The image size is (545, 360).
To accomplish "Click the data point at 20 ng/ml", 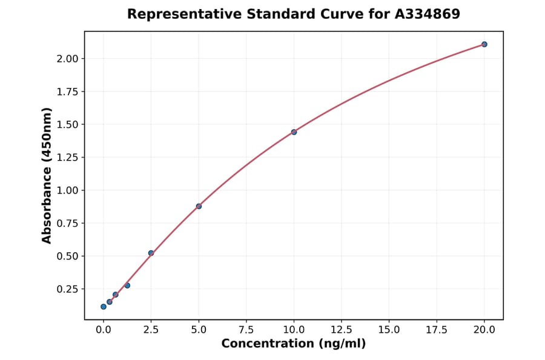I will [x=484, y=44].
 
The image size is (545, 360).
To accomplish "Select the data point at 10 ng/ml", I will [x=294, y=132].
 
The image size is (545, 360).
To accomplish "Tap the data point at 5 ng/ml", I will [x=199, y=206].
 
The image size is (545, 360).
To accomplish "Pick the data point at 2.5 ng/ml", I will [x=151, y=253].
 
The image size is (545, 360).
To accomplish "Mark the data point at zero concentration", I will [x=104, y=307].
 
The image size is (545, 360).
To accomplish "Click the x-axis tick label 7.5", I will [x=246, y=330].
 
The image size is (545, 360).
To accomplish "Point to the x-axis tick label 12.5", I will [x=342, y=330].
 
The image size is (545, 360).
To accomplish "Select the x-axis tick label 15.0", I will [x=389, y=330].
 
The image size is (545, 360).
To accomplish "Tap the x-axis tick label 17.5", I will [x=437, y=330].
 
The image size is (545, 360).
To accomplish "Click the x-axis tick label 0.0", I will [x=104, y=330].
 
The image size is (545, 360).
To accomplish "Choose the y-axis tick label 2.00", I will [x=67, y=59].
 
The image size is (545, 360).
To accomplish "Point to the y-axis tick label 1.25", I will [x=67, y=158].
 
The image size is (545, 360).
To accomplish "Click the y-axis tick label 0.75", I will [x=67, y=224].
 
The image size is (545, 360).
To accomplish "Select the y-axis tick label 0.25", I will [x=67, y=289].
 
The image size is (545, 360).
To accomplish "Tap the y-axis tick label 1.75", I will [x=67, y=92].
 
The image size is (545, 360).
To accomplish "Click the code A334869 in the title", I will [x=428, y=14].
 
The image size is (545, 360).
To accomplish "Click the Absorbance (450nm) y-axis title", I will [x=47, y=175].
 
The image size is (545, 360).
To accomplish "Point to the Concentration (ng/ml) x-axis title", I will [x=294, y=344].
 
